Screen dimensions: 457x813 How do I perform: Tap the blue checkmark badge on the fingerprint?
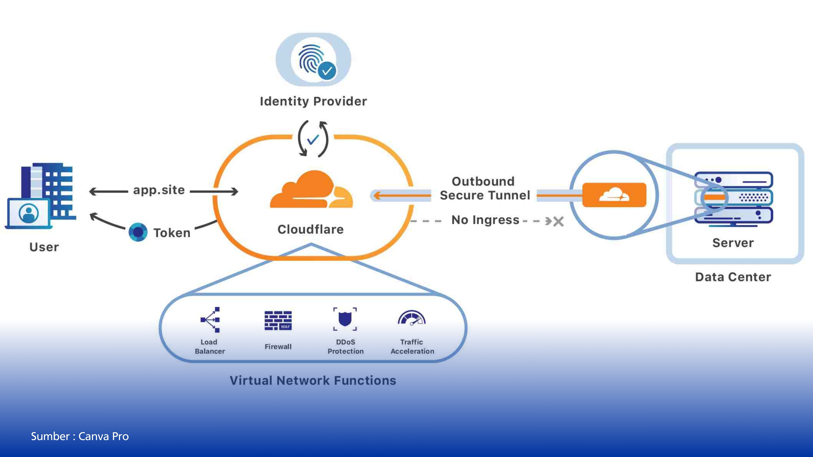tap(327, 71)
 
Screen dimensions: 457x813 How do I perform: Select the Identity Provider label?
tap(313, 102)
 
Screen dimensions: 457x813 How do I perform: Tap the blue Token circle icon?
tap(138, 232)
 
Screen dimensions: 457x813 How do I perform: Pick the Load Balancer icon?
tap(210, 319)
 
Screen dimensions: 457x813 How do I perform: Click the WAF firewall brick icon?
tap(278, 321)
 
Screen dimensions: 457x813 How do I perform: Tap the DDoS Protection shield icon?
tap(345, 319)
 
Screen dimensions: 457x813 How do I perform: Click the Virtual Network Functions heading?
tap(313, 381)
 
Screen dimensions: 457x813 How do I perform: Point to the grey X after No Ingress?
tap(558, 221)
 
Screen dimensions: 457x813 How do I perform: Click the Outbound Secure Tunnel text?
tap(484, 188)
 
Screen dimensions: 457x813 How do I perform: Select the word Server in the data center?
tap(733, 243)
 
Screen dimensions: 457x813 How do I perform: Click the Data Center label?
tap(733, 277)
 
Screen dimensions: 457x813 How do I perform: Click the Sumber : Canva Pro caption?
tap(80, 436)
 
